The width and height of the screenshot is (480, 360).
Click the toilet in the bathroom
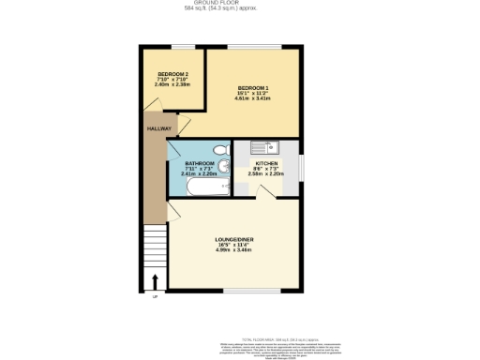pos(219,149)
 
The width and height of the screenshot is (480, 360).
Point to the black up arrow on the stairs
pos(154,281)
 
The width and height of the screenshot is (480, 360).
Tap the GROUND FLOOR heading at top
pos(239,4)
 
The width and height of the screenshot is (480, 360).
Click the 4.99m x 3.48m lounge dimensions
pos(234,250)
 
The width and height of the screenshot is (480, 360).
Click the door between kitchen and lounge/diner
pos(267,190)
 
